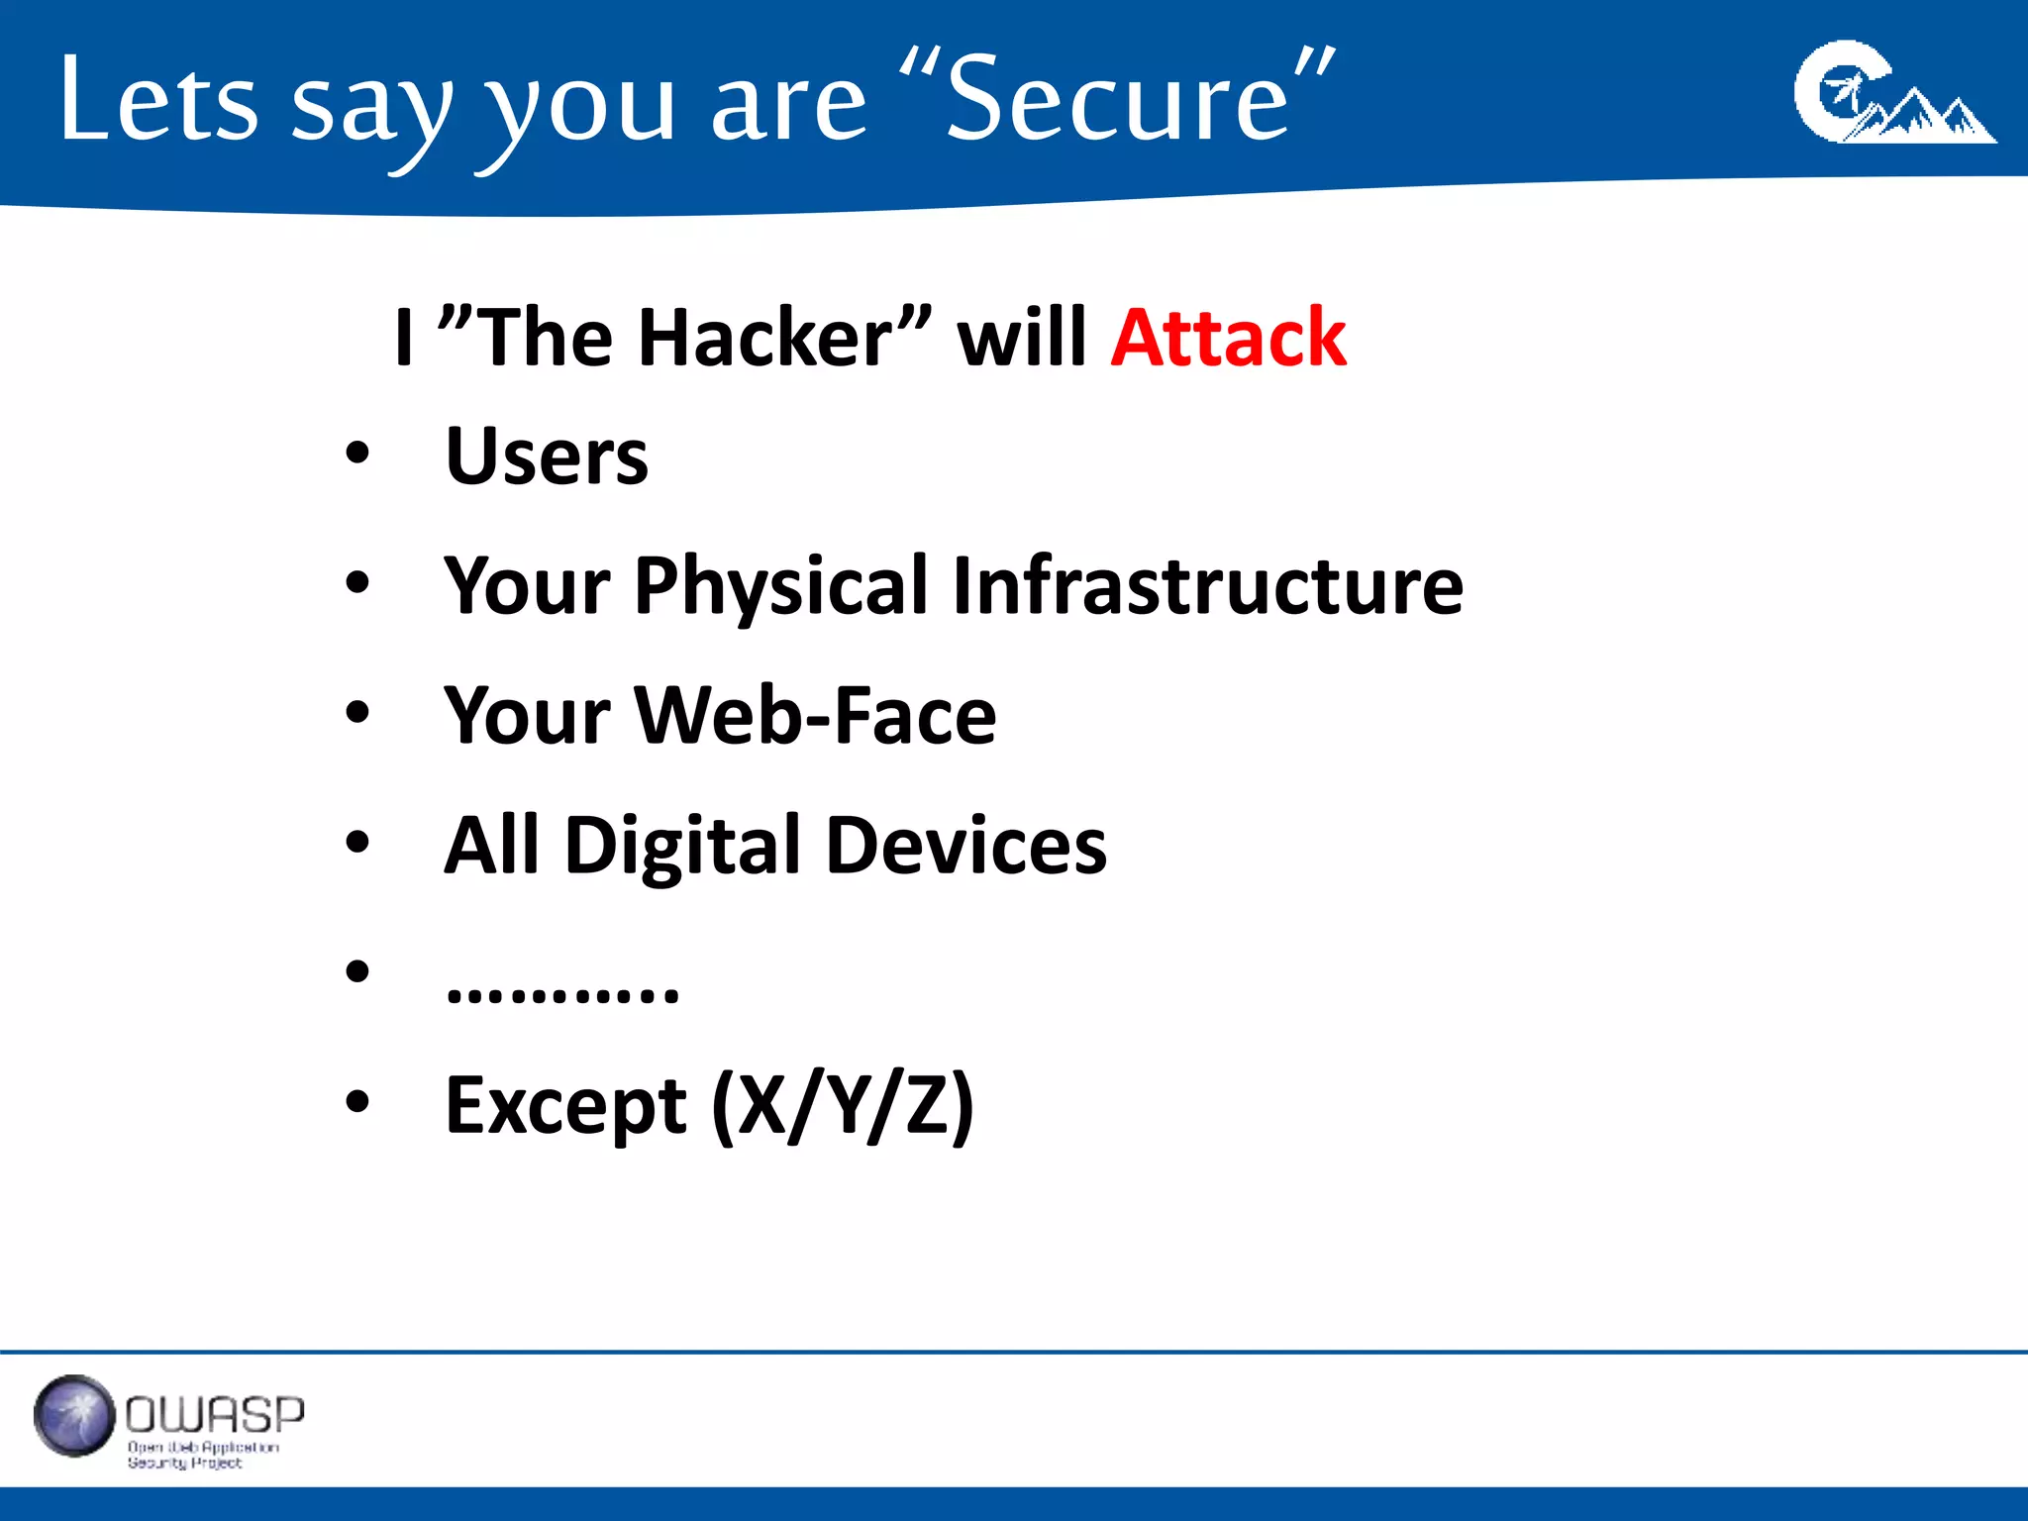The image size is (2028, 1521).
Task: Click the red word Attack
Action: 1228,339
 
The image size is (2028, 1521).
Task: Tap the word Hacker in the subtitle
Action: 765,339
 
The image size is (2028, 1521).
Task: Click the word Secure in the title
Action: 1117,99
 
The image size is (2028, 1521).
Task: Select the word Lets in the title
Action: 158,99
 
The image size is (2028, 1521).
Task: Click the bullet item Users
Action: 547,456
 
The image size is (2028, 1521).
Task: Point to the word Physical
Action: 781,586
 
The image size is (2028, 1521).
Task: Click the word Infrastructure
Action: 1207,586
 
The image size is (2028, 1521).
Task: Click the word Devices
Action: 965,846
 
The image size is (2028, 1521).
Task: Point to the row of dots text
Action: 562,991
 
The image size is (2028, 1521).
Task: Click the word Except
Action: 565,1105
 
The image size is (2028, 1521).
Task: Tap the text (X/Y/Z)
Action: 843,1105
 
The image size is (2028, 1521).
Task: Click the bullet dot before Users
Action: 357,455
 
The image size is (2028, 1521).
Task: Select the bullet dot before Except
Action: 357,1101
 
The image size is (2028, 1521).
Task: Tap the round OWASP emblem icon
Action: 74,1416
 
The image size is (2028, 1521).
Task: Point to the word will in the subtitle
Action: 1022,339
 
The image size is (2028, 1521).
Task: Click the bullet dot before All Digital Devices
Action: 357,843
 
